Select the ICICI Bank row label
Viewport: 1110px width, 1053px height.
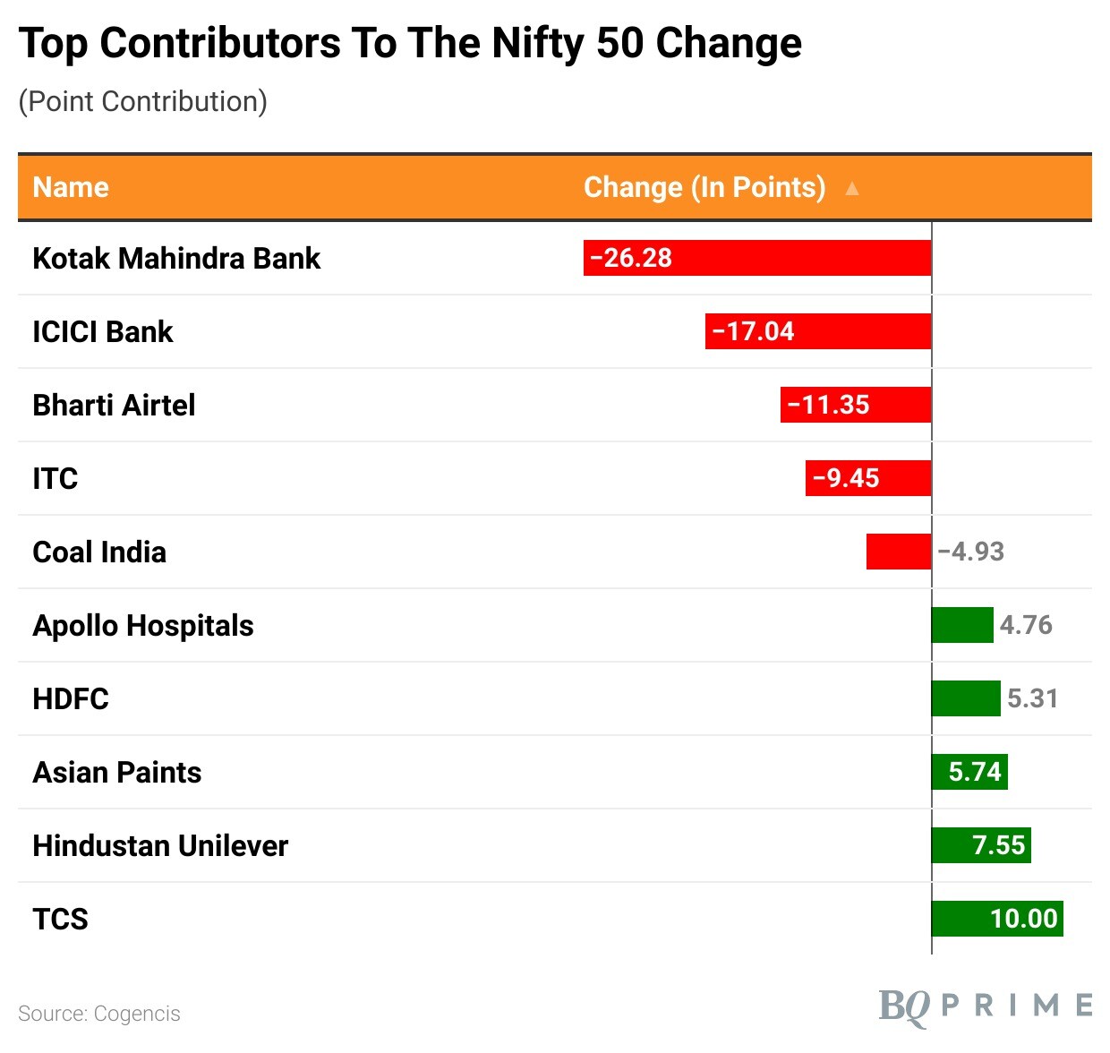point(102,331)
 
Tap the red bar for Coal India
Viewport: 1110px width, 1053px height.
point(898,552)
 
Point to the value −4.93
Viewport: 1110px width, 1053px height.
point(970,552)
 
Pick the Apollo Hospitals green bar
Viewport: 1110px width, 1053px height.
point(962,625)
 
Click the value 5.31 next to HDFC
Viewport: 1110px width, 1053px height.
point(1032,698)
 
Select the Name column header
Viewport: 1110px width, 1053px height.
point(71,187)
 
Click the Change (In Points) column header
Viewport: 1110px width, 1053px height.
point(704,187)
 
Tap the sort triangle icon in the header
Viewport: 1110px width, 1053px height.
point(852,188)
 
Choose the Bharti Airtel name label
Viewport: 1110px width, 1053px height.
point(114,405)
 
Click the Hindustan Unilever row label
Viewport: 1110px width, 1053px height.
point(160,845)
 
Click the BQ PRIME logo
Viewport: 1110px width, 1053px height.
point(985,1006)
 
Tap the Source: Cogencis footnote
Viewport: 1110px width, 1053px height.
point(98,1014)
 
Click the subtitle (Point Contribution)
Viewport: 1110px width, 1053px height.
point(143,101)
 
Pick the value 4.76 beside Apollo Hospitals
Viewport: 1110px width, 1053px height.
point(1025,625)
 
